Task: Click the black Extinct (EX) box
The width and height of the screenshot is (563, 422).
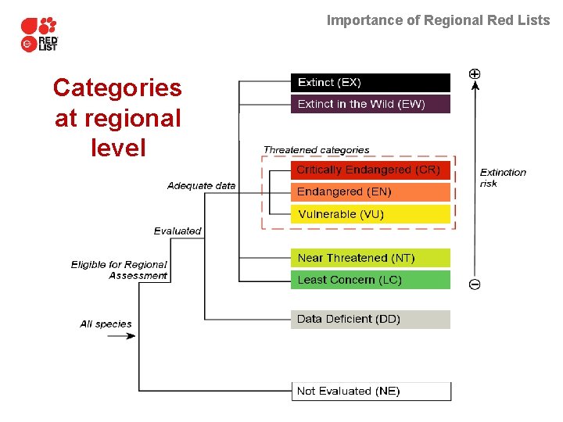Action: point(371,83)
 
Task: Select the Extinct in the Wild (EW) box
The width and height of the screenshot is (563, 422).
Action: point(371,105)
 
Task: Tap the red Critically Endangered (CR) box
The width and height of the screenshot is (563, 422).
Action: point(371,170)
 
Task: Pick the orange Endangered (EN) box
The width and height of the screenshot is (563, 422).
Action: point(371,191)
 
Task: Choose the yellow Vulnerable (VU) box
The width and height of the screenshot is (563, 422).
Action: point(371,214)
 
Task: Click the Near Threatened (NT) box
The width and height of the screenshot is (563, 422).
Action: point(371,258)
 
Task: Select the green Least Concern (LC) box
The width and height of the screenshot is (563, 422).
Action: point(371,280)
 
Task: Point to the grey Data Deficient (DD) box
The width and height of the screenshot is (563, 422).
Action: point(371,320)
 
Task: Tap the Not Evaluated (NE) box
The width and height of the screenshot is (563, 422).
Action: point(371,391)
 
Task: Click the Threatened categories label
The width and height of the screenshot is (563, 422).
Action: point(316,150)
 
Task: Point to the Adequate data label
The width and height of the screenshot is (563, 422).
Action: point(201,186)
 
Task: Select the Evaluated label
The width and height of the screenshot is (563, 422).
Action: point(178,231)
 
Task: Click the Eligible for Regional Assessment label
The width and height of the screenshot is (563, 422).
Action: point(120,270)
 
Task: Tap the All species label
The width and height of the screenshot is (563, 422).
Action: point(106,324)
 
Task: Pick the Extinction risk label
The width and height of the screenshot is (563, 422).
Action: point(503,177)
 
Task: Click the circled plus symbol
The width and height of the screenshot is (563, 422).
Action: point(475,73)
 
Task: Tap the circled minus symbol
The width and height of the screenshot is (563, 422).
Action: point(475,284)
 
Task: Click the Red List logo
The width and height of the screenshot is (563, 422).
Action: point(40,34)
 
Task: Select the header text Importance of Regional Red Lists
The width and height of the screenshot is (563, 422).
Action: point(438,20)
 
